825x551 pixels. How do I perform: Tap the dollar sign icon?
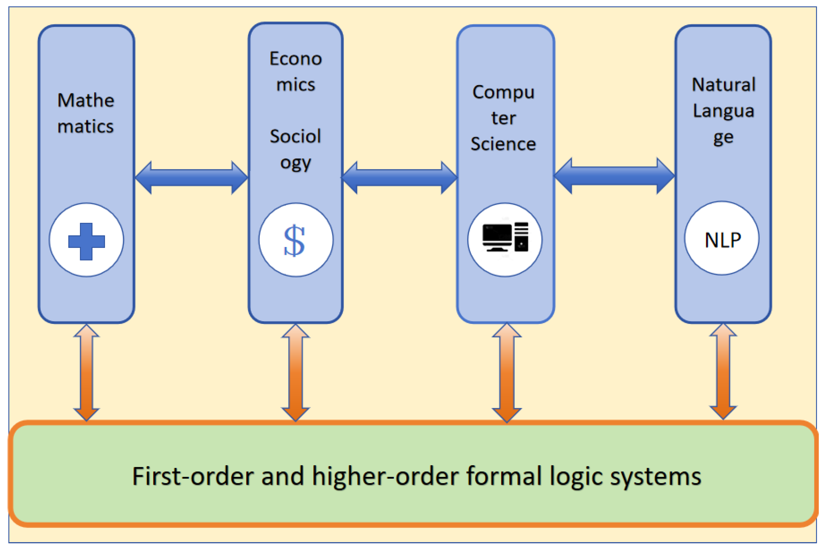coord(294,241)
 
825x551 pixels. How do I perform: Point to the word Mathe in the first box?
coord(86,100)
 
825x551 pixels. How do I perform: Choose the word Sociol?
coord(295,136)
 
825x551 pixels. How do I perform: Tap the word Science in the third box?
coord(503,144)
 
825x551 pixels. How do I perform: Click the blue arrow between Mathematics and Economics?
coord(192,177)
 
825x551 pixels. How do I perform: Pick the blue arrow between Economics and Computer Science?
coord(399,177)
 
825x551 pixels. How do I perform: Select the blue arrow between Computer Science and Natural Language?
coord(614,176)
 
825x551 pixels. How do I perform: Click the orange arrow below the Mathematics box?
coord(87,372)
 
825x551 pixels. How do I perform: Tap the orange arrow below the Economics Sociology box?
coord(295,372)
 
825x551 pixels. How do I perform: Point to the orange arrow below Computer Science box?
coord(507,372)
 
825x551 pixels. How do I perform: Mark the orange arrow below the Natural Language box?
coord(723,371)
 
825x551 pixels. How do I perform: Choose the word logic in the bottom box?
coord(576,477)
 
